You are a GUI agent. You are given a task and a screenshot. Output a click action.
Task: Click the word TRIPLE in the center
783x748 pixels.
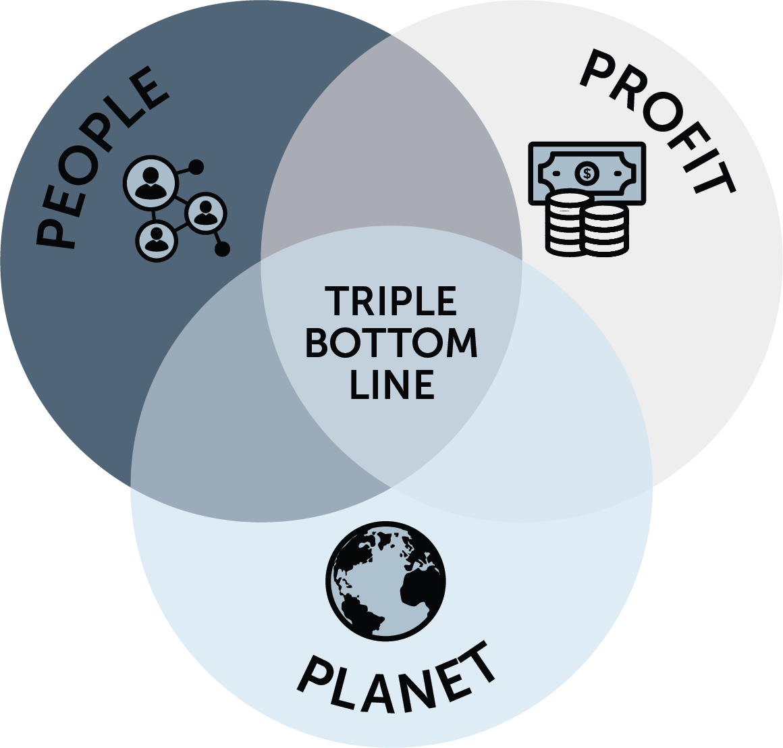(391, 301)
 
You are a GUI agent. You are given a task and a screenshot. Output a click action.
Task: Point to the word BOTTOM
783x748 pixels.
(391, 343)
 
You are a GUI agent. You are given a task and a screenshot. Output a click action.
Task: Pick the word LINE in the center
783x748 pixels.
(391, 384)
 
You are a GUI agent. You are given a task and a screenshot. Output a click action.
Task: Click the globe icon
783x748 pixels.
(386, 581)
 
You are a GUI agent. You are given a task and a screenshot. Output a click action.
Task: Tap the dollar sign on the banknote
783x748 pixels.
(587, 174)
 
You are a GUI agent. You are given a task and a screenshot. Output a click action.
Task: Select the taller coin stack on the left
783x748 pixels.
(565, 223)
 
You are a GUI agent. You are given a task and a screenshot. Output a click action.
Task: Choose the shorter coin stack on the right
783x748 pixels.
(605, 230)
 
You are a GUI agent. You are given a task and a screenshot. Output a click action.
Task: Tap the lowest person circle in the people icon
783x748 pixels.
(157, 238)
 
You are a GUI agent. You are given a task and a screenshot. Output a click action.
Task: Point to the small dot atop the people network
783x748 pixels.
(196, 166)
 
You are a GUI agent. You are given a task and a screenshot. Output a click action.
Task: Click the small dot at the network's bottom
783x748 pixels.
(222, 250)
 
